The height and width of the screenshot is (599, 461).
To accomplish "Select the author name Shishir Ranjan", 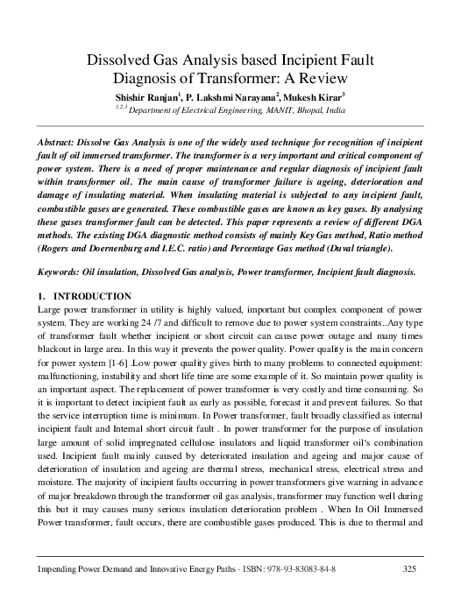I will pos(152,95).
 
